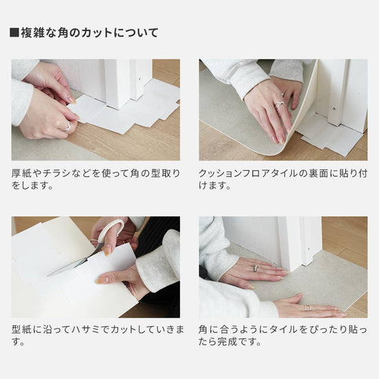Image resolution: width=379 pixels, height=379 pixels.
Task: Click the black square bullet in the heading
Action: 14,33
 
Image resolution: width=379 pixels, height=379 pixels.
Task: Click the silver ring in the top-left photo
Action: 68,126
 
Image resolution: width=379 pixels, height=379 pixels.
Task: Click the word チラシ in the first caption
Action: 59,173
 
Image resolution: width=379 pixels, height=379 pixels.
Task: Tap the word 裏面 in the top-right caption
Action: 318,173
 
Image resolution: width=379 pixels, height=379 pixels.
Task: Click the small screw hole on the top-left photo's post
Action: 140,79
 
